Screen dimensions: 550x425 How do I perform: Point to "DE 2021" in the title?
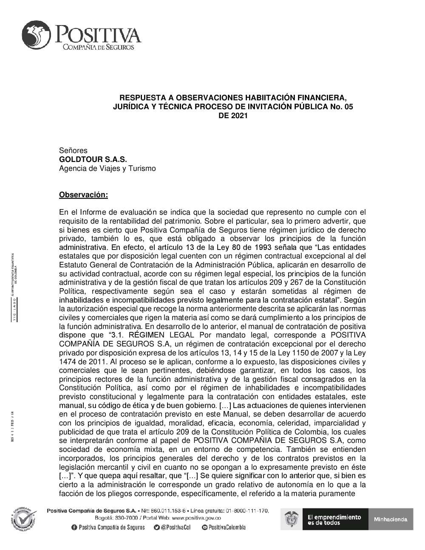(x=233, y=115)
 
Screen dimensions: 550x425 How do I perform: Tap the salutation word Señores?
(x=73, y=150)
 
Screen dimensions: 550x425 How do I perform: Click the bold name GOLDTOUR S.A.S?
(x=93, y=159)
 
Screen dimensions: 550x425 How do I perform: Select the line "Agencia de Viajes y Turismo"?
(x=108, y=168)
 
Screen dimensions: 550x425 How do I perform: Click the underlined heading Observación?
(x=84, y=195)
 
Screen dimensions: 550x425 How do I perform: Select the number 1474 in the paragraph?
(x=68, y=362)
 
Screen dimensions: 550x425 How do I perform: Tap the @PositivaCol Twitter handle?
(x=175, y=527)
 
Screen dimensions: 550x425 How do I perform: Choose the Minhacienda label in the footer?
(x=390, y=519)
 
